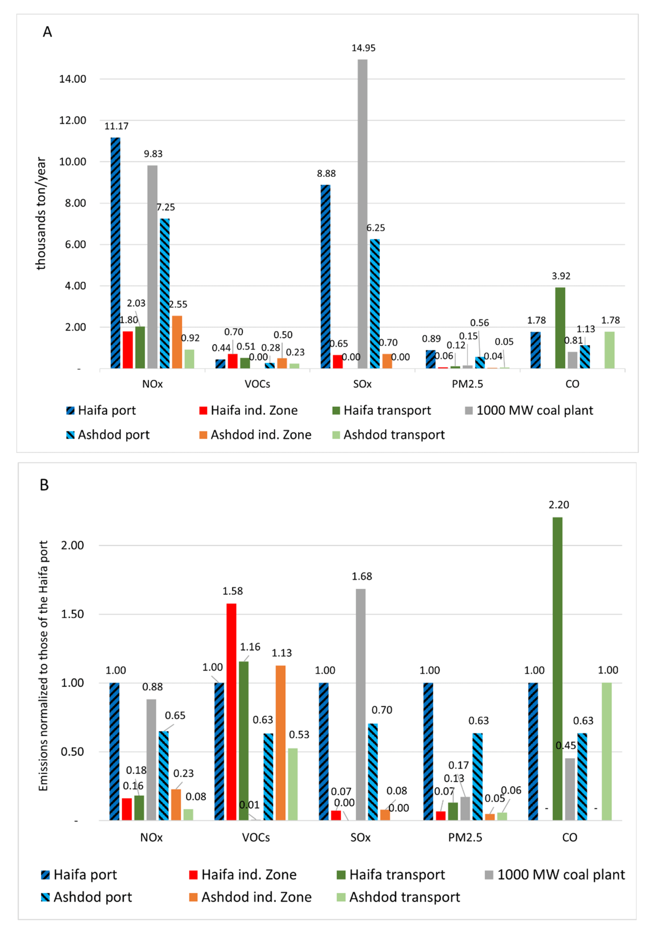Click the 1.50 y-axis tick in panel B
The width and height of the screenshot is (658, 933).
(x=72, y=614)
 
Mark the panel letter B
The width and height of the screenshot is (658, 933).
(x=44, y=485)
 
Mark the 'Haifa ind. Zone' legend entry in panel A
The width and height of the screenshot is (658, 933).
(x=249, y=410)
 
